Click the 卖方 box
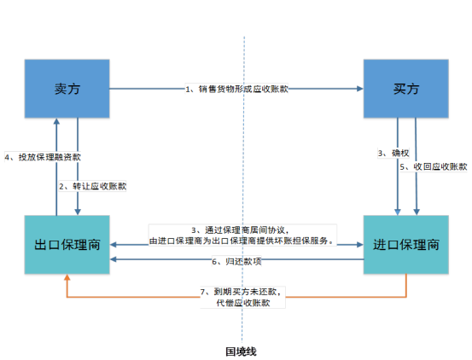(67, 89)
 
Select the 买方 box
(405, 89)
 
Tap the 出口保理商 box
(67, 245)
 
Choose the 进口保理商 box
(405, 245)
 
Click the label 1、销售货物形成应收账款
(236, 89)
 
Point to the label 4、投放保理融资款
(43, 157)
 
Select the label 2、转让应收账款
(92, 187)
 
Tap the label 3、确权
(393, 153)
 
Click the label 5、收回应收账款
(434, 166)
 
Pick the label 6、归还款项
(236, 262)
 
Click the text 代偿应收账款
(243, 303)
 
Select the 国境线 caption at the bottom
(241, 351)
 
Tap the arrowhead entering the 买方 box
(360, 89)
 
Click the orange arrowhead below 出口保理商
(67, 277)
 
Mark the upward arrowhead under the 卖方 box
(56, 121)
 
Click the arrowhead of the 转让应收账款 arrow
(78, 212)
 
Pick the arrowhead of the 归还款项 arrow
(113, 259)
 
